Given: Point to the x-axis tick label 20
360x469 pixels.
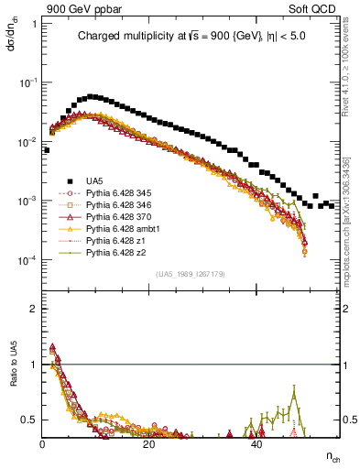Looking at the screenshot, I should tap(149, 443).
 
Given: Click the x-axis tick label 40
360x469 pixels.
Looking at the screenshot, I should tap(256, 443).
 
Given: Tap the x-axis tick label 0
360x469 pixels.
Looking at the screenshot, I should tap(43, 443).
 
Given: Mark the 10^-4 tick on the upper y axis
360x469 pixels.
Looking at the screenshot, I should tap(29, 260).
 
